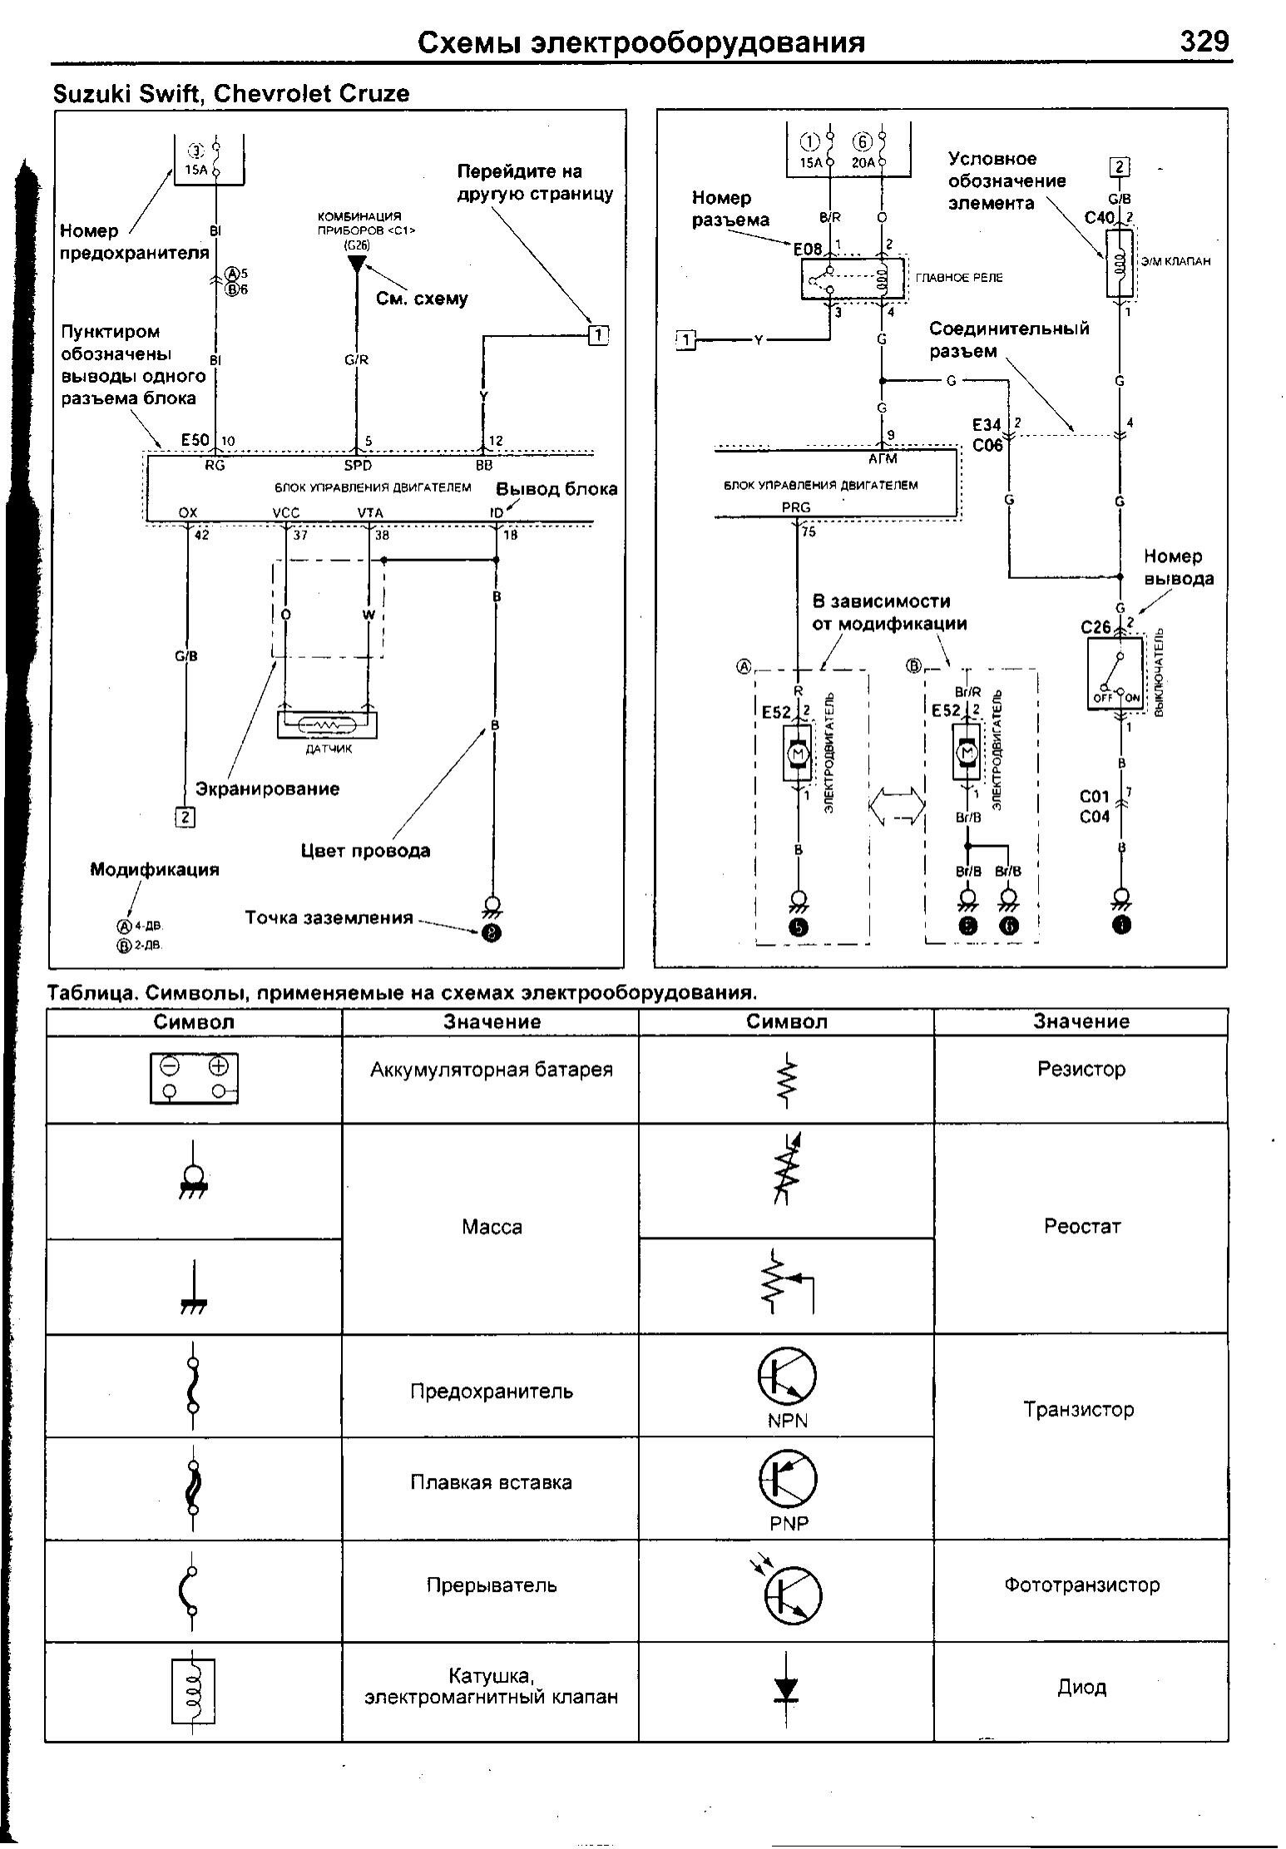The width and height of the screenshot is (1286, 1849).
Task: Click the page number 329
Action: [1204, 41]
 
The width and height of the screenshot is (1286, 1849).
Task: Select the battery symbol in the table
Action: [194, 1078]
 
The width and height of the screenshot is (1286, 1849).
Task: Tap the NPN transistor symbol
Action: [786, 1376]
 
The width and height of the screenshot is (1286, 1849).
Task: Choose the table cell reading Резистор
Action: [1081, 1069]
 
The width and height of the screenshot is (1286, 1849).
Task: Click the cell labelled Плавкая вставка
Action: [491, 1482]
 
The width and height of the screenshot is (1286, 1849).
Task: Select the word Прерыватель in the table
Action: [491, 1585]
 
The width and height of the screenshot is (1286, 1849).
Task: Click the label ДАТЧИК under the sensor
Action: [329, 749]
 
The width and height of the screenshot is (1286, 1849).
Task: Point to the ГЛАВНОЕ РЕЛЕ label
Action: [959, 278]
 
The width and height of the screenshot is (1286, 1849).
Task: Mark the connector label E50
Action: [195, 440]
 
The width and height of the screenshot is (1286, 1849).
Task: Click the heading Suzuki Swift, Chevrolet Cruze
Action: [231, 93]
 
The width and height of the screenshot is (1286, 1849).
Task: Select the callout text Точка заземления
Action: [329, 918]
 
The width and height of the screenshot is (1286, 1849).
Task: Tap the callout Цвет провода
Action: [365, 851]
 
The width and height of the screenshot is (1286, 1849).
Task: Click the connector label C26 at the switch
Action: [1096, 627]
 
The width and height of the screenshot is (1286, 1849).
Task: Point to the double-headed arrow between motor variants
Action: [897, 806]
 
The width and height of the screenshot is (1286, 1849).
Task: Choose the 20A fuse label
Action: [863, 163]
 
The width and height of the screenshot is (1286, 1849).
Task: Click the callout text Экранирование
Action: [267, 789]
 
